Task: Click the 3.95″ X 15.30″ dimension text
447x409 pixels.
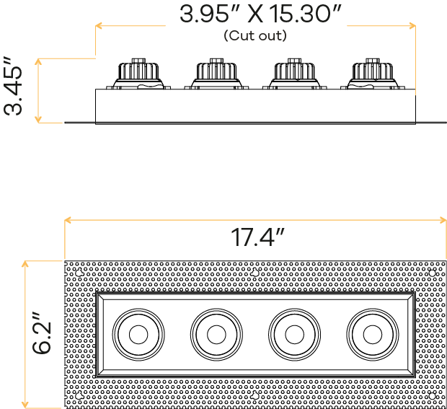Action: (260, 14)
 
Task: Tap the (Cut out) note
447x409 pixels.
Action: (255, 35)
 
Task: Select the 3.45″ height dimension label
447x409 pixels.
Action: (13, 86)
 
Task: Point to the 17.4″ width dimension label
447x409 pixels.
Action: (257, 237)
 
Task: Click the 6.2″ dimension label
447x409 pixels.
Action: (42, 333)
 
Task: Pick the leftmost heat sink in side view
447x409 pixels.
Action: (138, 74)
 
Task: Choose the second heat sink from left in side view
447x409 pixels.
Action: (216, 74)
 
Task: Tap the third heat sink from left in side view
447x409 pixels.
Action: (294, 74)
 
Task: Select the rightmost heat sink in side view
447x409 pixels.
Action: (373, 74)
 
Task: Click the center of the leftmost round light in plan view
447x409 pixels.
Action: (138, 335)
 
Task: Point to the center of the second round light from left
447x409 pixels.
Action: (217, 335)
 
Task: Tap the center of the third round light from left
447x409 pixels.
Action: (294, 335)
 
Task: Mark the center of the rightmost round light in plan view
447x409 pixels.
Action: (373, 335)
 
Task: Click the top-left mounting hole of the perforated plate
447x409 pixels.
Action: (79, 273)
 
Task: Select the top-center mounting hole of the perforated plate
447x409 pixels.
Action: (255, 273)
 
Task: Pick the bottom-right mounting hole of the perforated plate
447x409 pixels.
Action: (432, 396)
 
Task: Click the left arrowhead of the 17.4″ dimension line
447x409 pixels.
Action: (68, 220)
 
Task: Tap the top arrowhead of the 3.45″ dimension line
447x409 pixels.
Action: (38, 61)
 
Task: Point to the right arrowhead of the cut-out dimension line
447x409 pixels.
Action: (412, 26)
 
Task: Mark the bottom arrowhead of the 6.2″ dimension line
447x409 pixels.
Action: (25, 405)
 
